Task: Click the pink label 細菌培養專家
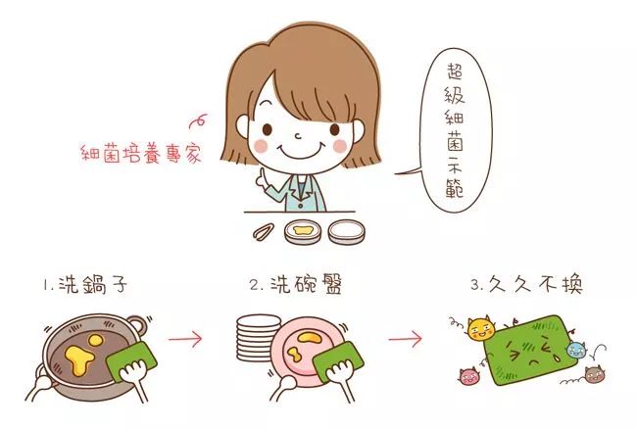pyautogui.click(x=141, y=154)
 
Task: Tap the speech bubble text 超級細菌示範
pyautogui.click(x=455, y=130)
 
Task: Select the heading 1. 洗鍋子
pyautogui.click(x=85, y=284)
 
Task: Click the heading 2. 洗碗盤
pyautogui.click(x=296, y=284)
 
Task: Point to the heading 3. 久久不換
pyautogui.click(x=527, y=284)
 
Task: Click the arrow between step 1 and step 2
pyautogui.click(x=185, y=339)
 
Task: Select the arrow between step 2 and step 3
pyautogui.click(x=405, y=339)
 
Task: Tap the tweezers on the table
pyautogui.click(x=263, y=232)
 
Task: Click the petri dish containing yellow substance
pyautogui.click(x=303, y=232)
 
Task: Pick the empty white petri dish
pyautogui.click(x=347, y=232)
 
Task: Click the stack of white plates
pyautogui.click(x=256, y=338)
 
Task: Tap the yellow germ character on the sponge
pyautogui.click(x=481, y=329)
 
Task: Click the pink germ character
pyautogui.click(x=469, y=375)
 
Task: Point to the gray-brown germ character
pyautogui.click(x=594, y=374)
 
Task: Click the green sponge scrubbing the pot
pyautogui.click(x=130, y=360)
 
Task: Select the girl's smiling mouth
pyautogui.click(x=299, y=151)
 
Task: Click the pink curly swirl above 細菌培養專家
pyautogui.click(x=198, y=120)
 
